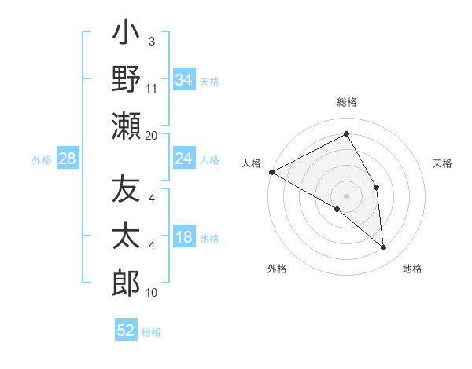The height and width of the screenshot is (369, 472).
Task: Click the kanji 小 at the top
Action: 125,36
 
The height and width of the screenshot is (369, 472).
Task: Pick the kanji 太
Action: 125,236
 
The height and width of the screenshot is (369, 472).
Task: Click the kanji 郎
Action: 125,280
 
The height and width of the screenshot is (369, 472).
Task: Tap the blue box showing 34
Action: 184,79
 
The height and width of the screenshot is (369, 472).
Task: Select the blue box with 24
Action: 184,159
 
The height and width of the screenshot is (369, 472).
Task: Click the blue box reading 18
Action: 184,237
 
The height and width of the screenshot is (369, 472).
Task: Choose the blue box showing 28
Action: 68,159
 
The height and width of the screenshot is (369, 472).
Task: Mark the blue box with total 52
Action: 126,331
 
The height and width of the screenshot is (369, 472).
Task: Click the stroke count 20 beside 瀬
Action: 152,135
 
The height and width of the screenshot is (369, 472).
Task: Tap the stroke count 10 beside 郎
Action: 152,293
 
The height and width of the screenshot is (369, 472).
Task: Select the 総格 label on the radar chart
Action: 347,103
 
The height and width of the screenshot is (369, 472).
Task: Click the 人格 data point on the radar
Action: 271,172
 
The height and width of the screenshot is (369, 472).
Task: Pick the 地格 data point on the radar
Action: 383,247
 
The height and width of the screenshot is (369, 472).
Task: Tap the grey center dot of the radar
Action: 347,195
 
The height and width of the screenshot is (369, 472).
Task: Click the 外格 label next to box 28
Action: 42,160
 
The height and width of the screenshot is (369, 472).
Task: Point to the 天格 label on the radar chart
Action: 443,163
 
